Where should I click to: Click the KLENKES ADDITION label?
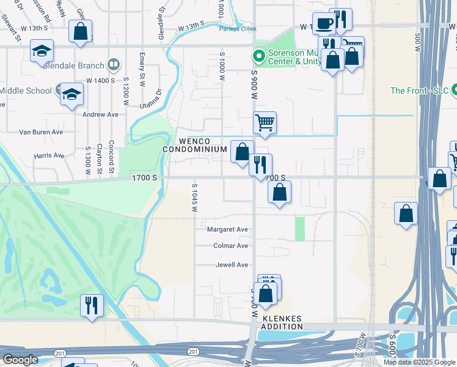(282, 323)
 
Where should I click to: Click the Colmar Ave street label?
(230, 246)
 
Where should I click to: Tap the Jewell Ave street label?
(232, 265)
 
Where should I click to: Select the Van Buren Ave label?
(41, 132)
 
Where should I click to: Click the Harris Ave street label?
(49, 155)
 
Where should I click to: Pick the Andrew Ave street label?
(100, 114)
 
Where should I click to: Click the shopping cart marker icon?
(265, 122)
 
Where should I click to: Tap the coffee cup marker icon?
(323, 23)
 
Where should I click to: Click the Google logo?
(20, 360)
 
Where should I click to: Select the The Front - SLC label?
(419, 91)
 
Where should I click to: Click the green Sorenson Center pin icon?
(259, 56)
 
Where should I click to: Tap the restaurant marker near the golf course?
(92, 305)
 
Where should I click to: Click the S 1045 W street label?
(195, 198)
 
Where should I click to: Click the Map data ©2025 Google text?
(419, 362)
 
